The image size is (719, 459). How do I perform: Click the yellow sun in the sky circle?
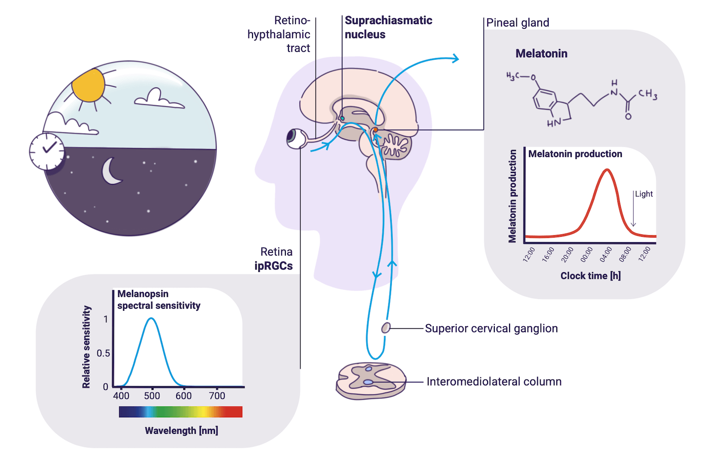pos(89,86)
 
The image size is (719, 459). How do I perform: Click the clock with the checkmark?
pos(47,151)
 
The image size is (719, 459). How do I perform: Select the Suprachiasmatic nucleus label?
pos(388,27)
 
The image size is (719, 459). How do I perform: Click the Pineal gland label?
pos(517,23)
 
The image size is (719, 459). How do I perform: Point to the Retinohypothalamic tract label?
pos(279,34)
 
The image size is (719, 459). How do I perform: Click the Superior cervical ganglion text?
pos(491,329)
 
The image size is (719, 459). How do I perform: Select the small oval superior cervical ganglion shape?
pos(386,328)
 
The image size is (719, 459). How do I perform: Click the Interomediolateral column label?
pos(494,382)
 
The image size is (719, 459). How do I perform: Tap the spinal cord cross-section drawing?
pos(371,381)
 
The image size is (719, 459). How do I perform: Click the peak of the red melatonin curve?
pos(607,170)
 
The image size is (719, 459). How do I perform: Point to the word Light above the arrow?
pos(644,194)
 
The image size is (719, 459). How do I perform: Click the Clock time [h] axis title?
pos(590,276)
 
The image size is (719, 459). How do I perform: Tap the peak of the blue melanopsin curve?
pos(151,318)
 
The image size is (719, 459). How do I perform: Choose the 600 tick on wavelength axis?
pos(183,396)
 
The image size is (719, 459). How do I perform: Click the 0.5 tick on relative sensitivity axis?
pos(103,353)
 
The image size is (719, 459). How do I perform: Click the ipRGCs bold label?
pos(273,266)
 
